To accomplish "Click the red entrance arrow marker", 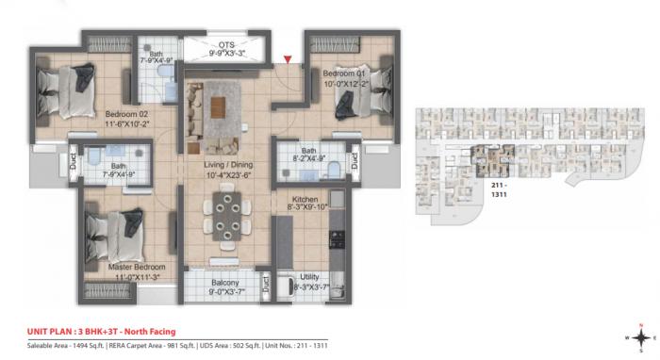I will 300,62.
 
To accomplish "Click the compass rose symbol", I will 639,337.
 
